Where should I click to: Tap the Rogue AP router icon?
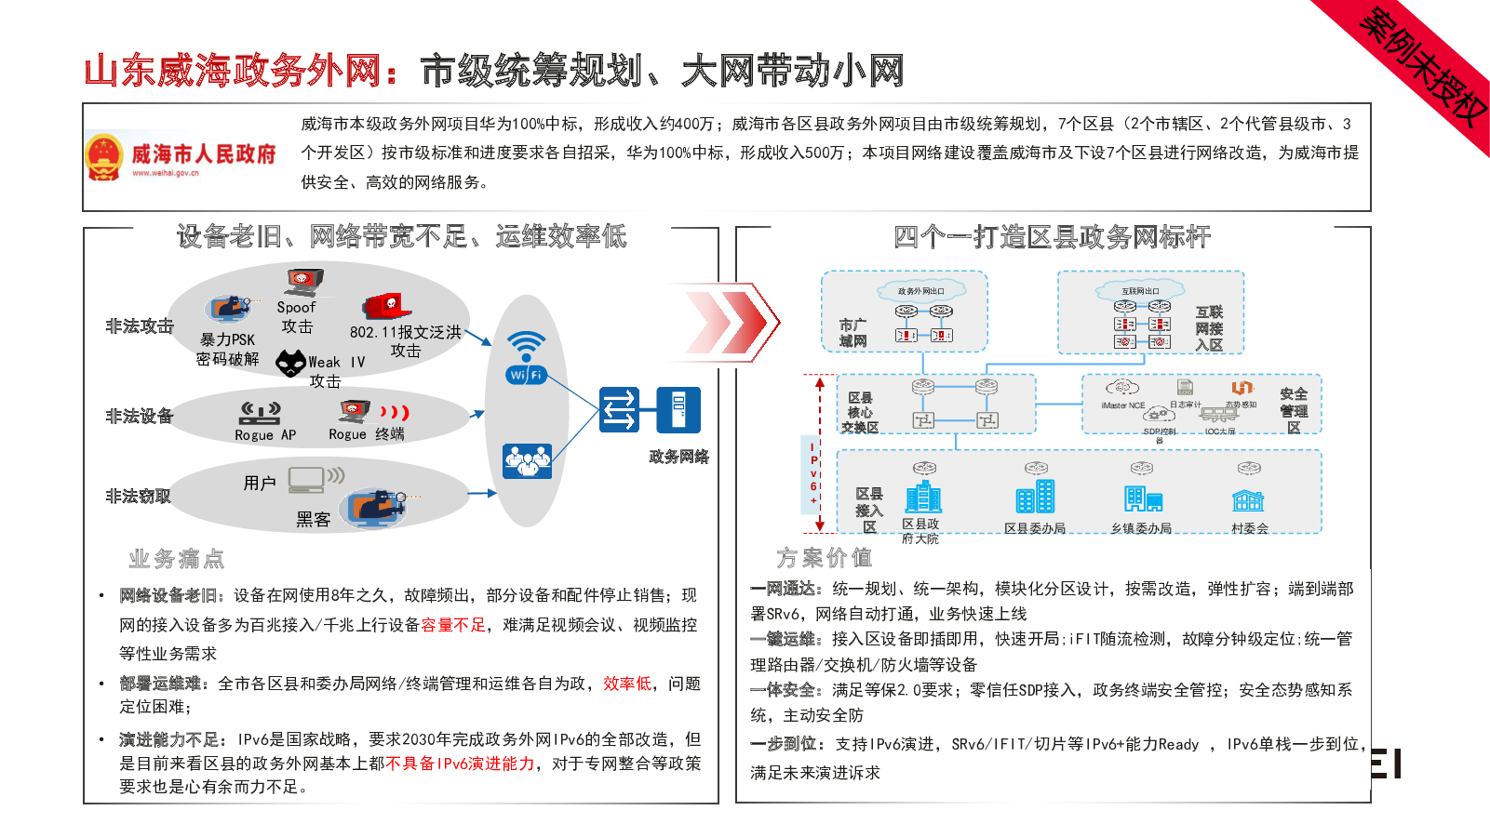pos(261,412)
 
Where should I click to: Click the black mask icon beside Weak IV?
pos(291,363)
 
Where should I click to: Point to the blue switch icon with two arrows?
pos(619,410)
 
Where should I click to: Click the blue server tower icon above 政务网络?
pos(678,410)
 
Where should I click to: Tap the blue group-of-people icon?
pos(527,460)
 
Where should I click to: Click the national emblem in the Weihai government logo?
pos(103,156)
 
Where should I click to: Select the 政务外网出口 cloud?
pos(920,291)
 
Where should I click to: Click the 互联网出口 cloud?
pos(1140,291)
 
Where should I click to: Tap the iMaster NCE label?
pos(1122,405)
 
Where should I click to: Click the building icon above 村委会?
pos(1248,501)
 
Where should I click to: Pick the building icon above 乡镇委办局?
pos(1143,499)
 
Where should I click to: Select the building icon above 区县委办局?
pos(1035,497)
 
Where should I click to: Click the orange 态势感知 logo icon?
pos(1242,388)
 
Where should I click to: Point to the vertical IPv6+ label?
pos(813,473)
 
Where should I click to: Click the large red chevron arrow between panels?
pos(731,322)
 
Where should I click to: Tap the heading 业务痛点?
pos(177,559)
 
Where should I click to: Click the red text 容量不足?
pos(453,625)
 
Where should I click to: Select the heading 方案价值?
pos(825,558)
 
